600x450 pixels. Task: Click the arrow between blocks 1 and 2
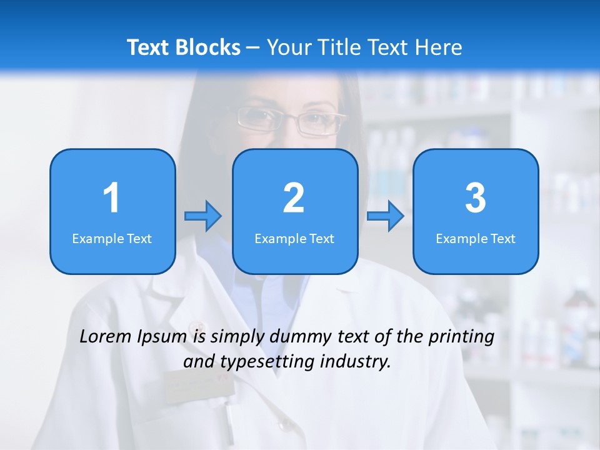pyautogui.click(x=203, y=216)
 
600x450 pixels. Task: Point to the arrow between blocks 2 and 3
pyautogui.click(x=385, y=216)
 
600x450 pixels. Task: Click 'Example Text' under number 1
pyautogui.click(x=112, y=239)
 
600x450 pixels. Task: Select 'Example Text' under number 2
pyautogui.click(x=294, y=239)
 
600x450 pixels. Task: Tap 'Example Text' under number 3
pyautogui.click(x=476, y=239)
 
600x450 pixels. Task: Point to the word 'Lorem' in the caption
pyautogui.click(x=106, y=336)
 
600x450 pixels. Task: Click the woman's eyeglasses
pyautogui.click(x=291, y=121)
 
